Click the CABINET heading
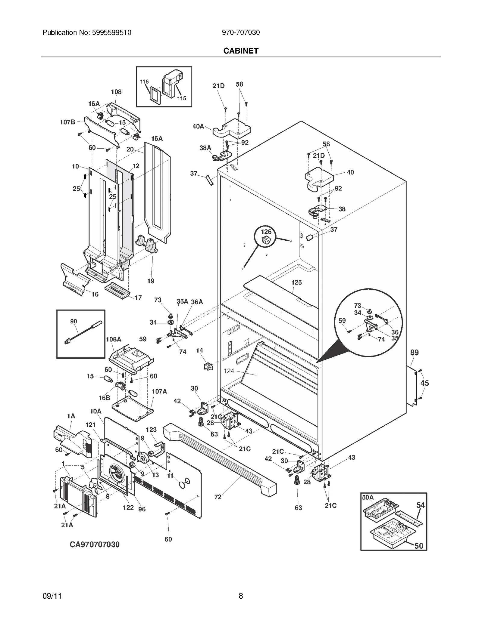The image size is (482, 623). tap(241, 51)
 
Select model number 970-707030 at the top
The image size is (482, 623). tap(241, 32)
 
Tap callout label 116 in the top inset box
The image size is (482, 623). tap(144, 82)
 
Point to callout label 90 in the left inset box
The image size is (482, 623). tap(74, 322)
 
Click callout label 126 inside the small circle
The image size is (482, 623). tap(266, 232)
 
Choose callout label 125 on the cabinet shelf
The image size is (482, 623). tap(296, 282)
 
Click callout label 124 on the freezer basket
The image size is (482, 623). tap(229, 371)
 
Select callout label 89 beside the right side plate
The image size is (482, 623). tap(414, 353)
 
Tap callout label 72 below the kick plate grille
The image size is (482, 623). tap(218, 497)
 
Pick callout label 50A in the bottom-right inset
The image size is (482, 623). tap(368, 497)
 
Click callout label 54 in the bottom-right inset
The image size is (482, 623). tap(420, 505)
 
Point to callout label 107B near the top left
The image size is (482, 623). tap(67, 122)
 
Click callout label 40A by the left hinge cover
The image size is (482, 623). tap(198, 126)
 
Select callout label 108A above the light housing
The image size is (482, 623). tap(114, 339)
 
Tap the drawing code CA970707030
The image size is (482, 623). tap(95, 544)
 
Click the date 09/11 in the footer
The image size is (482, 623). tap(52, 596)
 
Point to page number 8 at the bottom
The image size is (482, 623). tap(241, 596)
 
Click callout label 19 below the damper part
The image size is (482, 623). tap(151, 281)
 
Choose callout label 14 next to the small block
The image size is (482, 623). tap(199, 350)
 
